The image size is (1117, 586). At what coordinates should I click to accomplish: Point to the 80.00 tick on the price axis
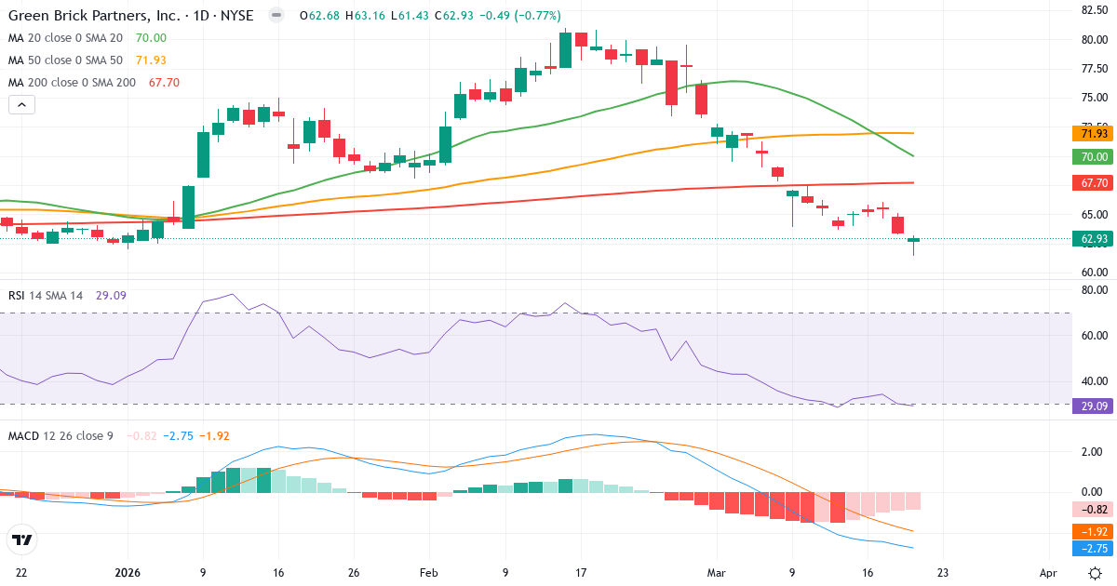click(1093, 40)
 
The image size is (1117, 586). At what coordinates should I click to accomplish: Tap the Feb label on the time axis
click(428, 574)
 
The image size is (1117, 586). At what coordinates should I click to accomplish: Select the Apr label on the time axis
click(1048, 574)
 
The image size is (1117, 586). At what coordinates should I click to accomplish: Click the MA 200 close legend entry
click(73, 83)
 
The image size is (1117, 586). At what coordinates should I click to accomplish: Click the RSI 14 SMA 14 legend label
click(46, 296)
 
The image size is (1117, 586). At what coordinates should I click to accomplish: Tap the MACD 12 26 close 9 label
click(61, 436)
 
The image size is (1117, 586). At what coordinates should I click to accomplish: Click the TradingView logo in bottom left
click(22, 539)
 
